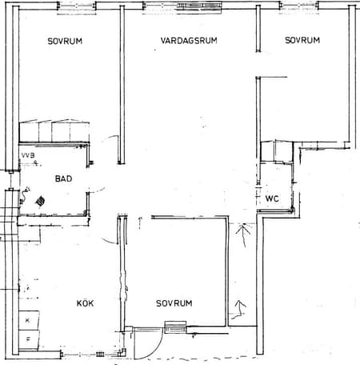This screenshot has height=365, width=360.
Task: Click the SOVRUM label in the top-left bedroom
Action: pyautogui.click(x=65, y=41)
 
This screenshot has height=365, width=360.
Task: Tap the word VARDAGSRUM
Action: pyautogui.click(x=189, y=40)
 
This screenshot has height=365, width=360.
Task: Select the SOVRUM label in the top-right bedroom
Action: pyautogui.click(x=302, y=40)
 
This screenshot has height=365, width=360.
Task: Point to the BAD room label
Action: pyautogui.click(x=63, y=178)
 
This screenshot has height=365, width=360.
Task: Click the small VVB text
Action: pyautogui.click(x=28, y=155)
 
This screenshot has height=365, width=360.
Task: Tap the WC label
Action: pyautogui.click(x=272, y=199)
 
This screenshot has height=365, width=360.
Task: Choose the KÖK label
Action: pyautogui.click(x=85, y=303)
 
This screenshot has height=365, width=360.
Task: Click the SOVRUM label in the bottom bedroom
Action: pyautogui.click(x=174, y=303)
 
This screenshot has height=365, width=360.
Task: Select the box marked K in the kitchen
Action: pyautogui.click(x=29, y=320)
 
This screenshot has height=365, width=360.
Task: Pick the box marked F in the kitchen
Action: pyautogui.click(x=29, y=339)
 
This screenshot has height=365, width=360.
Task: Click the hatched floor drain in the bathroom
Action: pyautogui.click(x=40, y=200)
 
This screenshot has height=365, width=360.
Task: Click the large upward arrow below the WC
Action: pyautogui.click(x=243, y=235)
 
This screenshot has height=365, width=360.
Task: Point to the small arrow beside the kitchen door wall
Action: pyautogui.click(x=140, y=223)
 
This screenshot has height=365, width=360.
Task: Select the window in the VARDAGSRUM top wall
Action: pyautogui.click(x=199, y=6)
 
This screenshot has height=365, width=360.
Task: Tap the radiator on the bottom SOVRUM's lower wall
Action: pyautogui.click(x=175, y=327)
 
